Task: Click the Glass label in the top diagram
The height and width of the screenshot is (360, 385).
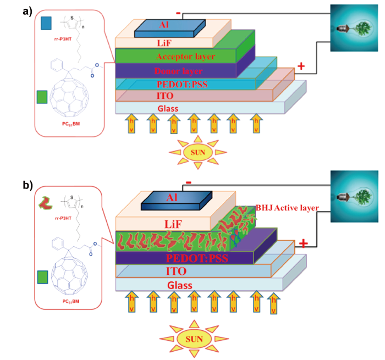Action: [x=168, y=108]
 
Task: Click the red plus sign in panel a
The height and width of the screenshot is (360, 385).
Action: [x=301, y=67]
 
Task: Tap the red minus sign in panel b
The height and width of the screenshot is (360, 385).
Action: [x=189, y=182]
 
